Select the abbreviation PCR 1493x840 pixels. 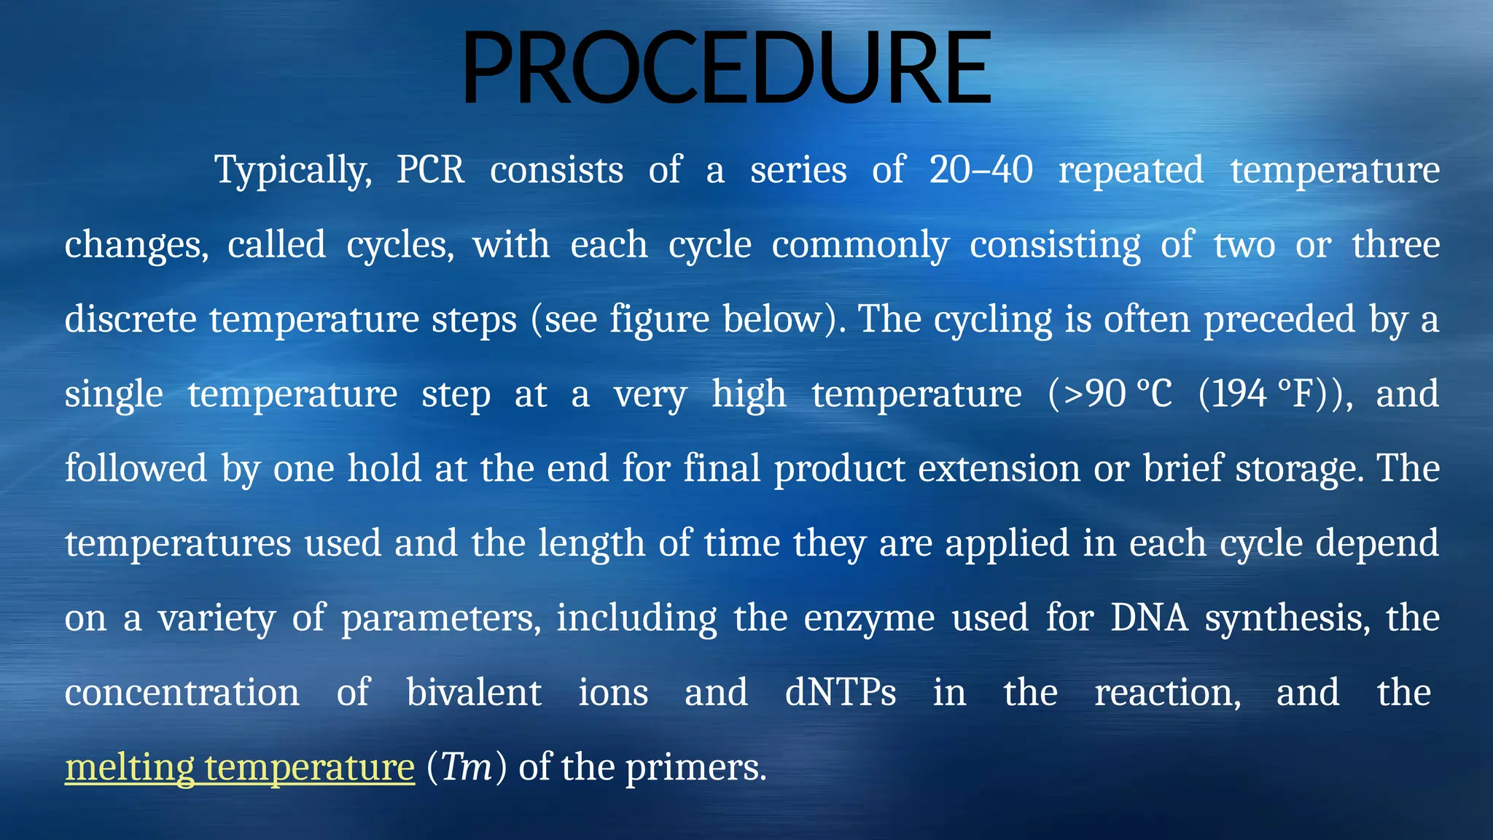coord(430,171)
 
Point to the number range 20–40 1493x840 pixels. coord(981,171)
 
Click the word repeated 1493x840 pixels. coord(1131,171)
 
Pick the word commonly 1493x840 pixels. coord(860,245)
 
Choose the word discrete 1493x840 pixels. coord(130,319)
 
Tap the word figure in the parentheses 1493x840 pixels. coord(659,321)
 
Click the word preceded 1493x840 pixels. coord(1279,319)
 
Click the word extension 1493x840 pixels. coord(999,469)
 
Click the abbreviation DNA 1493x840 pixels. coord(1149,618)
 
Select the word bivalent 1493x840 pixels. coord(474,693)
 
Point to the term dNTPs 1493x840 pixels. coord(841,693)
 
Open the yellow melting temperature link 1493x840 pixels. coord(240,768)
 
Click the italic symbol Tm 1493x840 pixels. coord(467,768)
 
